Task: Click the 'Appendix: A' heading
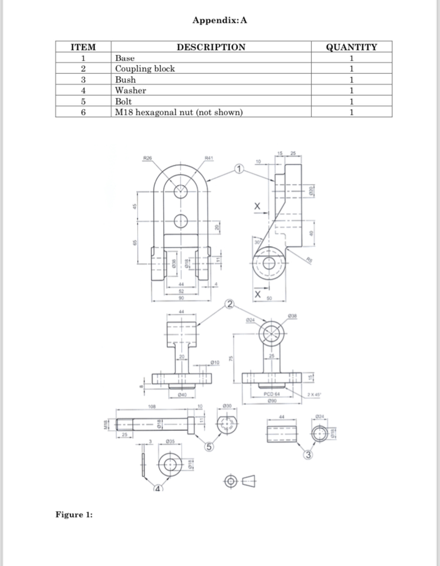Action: click(x=219, y=21)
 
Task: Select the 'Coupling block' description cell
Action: click(x=145, y=69)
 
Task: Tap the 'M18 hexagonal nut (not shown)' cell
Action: click(x=179, y=112)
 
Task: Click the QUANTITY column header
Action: click(x=351, y=47)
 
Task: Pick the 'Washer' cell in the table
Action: click(x=131, y=90)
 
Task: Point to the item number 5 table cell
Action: click(x=83, y=101)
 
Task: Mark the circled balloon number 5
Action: click(x=210, y=447)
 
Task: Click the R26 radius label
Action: click(x=148, y=158)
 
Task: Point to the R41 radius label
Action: click(x=209, y=158)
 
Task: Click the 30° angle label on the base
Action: click(x=257, y=243)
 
